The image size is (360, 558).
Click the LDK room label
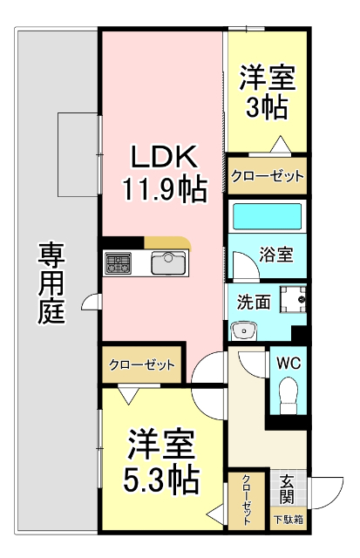(x=165, y=157)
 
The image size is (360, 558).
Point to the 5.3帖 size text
(x=164, y=480)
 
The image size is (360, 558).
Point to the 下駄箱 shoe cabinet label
(x=287, y=521)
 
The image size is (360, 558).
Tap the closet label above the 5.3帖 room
(x=142, y=364)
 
